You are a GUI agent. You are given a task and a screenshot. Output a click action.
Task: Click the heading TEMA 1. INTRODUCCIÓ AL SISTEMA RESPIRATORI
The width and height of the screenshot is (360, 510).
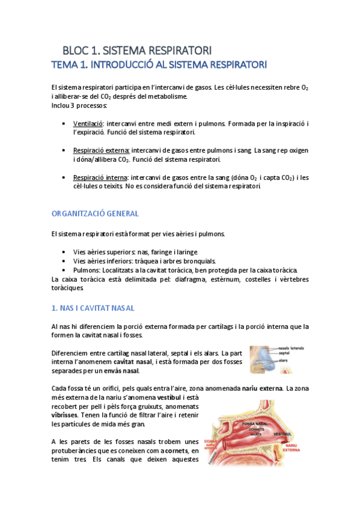click(x=159, y=64)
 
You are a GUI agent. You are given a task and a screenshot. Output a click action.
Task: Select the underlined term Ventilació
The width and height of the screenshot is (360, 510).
click(x=88, y=123)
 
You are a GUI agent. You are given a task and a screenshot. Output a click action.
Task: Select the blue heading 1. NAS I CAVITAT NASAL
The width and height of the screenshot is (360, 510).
click(x=93, y=308)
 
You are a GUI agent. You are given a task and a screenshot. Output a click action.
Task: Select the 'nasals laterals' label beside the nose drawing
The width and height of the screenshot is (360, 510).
click(x=293, y=348)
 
